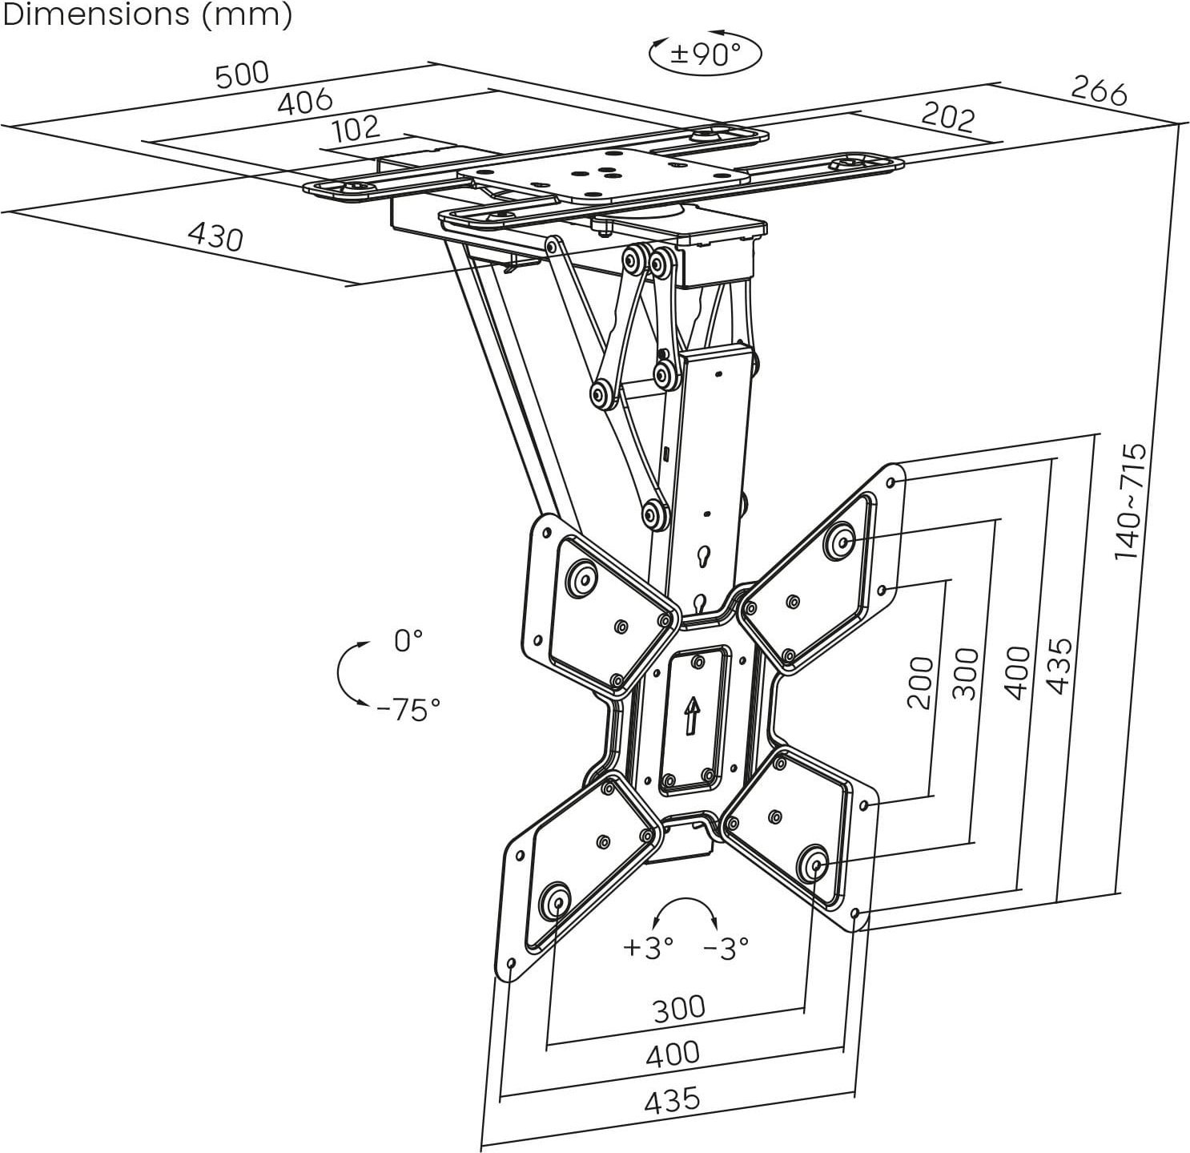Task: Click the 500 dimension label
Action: click(242, 75)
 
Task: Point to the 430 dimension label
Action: click(215, 236)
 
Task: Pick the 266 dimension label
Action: click(1099, 93)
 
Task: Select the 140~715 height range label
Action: click(1131, 502)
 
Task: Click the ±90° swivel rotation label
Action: click(705, 54)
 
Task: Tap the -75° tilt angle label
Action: click(408, 709)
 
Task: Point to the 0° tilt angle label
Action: click(408, 640)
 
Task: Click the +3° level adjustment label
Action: click(648, 948)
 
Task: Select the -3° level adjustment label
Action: click(726, 948)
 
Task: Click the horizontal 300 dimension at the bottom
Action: click(678, 1009)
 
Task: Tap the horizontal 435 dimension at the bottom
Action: click(672, 1099)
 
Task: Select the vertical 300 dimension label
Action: click(967, 673)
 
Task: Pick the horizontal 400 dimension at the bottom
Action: click(673, 1054)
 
